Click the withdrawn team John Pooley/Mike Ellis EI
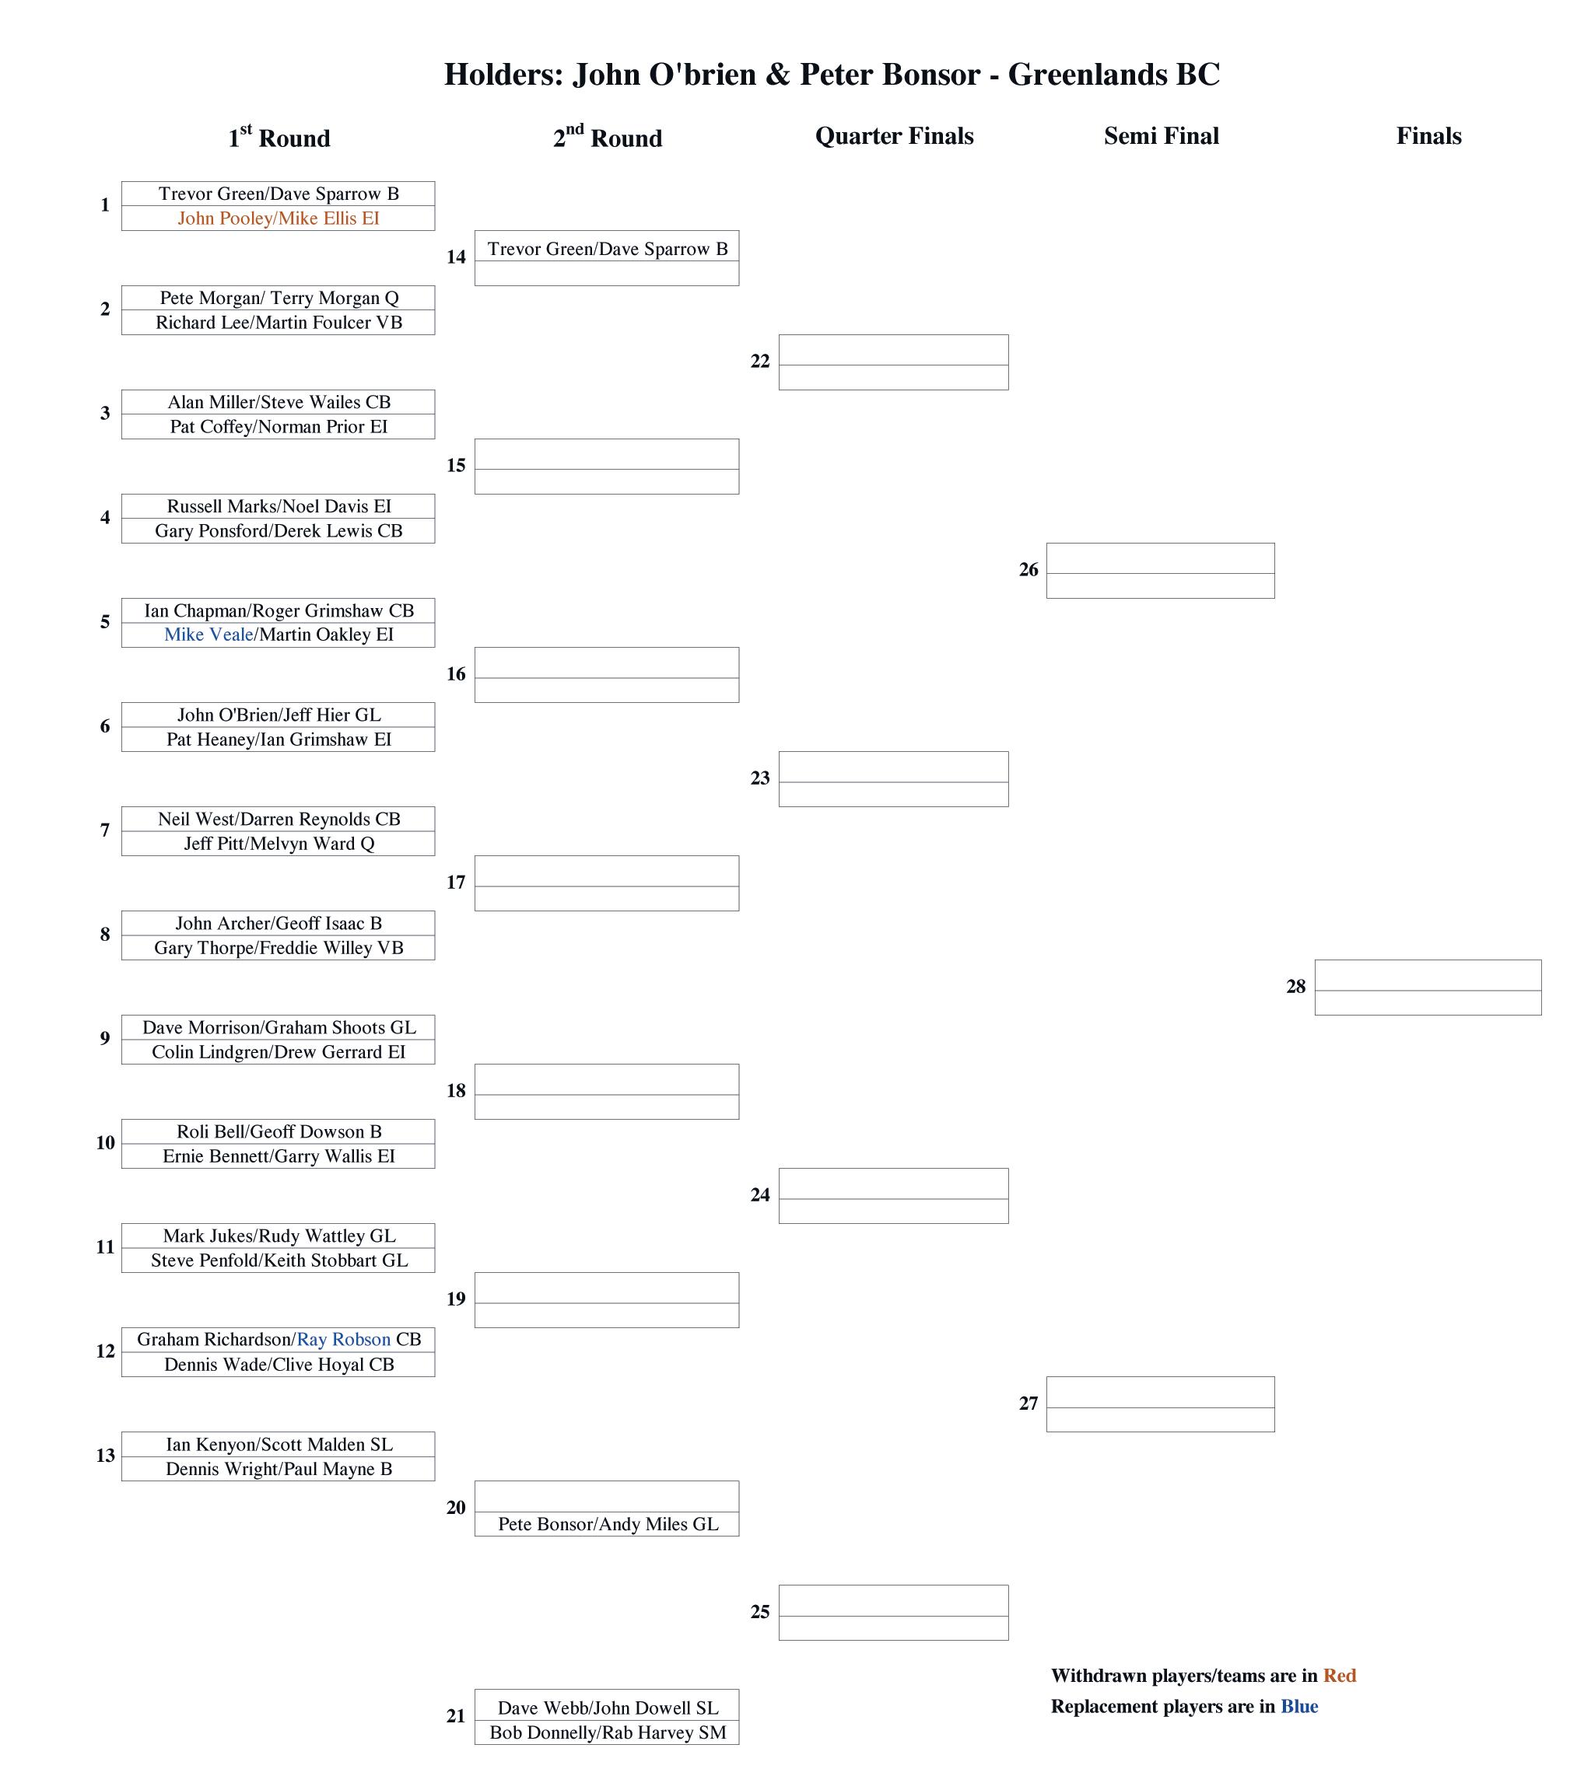point(279,218)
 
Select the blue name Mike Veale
point(209,635)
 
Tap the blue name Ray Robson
point(344,1339)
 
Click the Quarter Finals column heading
point(894,136)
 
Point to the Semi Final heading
point(1161,136)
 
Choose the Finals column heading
point(1428,136)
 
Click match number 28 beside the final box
point(1295,987)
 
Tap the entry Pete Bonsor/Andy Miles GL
point(608,1524)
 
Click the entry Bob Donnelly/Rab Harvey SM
point(608,1732)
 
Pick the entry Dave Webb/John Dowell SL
point(608,1708)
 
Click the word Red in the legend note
point(1339,1676)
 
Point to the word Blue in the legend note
point(1298,1706)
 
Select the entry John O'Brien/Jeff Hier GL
point(279,715)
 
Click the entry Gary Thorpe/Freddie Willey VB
point(279,947)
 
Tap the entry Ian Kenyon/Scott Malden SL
point(279,1445)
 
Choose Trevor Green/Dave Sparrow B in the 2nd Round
point(608,249)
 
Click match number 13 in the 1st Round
point(105,1456)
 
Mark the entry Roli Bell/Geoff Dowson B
point(279,1131)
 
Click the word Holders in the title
point(503,75)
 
